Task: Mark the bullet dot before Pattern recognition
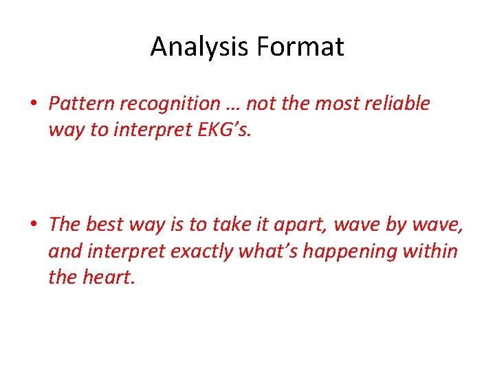tap(34, 104)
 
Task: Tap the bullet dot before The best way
tap(34, 225)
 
